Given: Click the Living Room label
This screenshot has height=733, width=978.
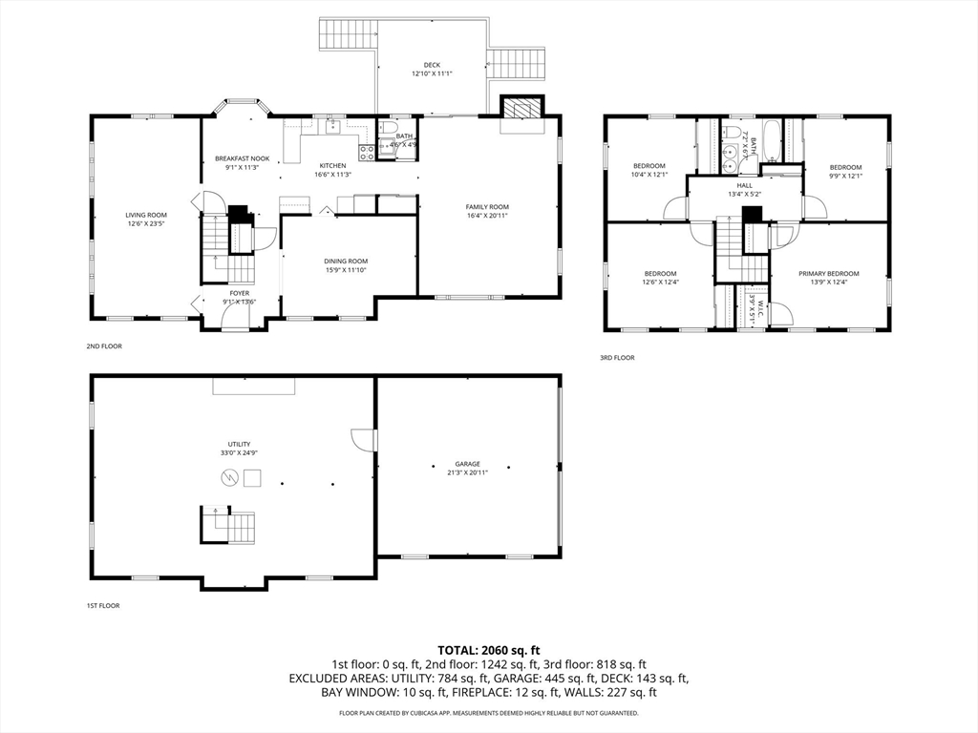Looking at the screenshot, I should click(x=146, y=215).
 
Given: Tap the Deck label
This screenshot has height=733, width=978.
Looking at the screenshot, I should click(x=432, y=65).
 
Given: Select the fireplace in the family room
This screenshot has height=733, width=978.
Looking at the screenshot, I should click(x=521, y=108).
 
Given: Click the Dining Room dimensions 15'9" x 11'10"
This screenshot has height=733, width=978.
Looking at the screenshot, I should click(x=346, y=270).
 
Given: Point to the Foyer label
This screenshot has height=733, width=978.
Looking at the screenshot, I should click(x=240, y=293).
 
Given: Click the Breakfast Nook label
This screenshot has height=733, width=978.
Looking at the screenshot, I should click(x=242, y=158).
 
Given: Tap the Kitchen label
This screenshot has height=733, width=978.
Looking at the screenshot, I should click(x=333, y=166).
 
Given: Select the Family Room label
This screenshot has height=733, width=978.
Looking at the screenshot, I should click(x=487, y=207).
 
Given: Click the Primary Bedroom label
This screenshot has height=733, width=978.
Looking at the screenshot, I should click(x=828, y=273).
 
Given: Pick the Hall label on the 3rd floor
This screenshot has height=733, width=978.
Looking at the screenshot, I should click(x=744, y=185).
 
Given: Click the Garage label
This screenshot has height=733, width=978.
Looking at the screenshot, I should click(x=467, y=464).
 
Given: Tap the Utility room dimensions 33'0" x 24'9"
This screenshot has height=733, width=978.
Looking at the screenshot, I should click(x=239, y=452).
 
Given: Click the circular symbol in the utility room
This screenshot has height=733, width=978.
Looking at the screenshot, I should click(x=228, y=483).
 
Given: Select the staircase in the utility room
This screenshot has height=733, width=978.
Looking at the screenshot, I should click(x=229, y=526).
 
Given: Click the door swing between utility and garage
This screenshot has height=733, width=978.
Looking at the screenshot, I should click(x=363, y=439).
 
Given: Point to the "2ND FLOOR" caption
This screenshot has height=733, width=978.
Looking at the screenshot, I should click(x=104, y=346).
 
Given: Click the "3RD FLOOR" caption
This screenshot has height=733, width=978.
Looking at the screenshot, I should click(x=617, y=358).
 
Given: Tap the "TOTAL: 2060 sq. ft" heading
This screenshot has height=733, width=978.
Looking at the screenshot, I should click(x=488, y=649).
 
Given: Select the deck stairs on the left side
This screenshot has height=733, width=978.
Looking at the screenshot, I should click(x=348, y=35).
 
